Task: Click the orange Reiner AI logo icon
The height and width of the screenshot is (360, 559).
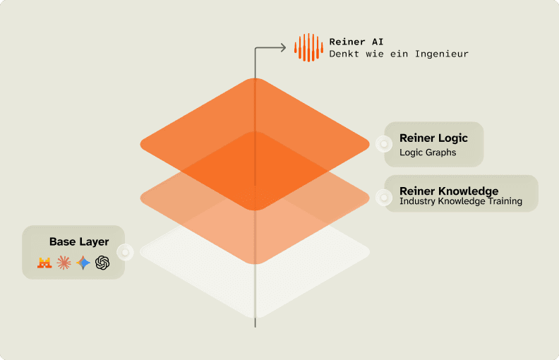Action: point(308,47)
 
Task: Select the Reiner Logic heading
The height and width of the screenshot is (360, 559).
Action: point(433,138)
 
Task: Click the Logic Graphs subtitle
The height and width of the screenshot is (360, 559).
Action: point(428,152)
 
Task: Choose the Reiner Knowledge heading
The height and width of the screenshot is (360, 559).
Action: point(449,191)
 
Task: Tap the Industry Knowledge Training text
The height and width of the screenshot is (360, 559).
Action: point(460,201)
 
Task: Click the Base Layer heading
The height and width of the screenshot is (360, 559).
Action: point(79,241)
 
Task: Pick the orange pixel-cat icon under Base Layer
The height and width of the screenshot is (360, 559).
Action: point(45,263)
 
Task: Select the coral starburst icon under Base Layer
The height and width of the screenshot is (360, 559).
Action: point(64,263)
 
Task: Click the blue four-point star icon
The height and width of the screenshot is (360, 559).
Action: point(83,263)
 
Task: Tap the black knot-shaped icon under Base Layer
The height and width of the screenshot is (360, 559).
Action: point(102,263)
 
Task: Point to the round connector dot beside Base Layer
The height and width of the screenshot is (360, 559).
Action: point(125,251)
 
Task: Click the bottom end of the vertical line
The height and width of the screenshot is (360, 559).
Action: point(255,325)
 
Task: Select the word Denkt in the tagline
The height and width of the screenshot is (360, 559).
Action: point(344,54)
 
